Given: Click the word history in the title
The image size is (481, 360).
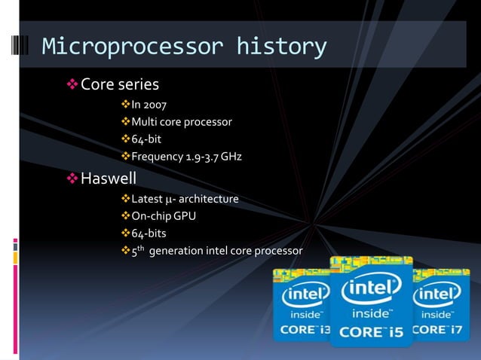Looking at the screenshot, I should coord(281,47).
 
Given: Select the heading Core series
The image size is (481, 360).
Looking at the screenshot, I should coord(119,84).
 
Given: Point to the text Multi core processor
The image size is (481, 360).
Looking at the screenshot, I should coord(181,121).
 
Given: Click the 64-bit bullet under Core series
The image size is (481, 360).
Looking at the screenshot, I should coord(146,139).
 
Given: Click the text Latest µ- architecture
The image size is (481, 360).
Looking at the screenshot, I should coord(185,199).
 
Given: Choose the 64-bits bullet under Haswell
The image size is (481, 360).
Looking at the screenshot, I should coord(149,233).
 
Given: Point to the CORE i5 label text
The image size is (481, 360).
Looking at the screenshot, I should coord(371,331).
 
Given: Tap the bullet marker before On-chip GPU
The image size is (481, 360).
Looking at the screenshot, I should coord(125,217).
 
